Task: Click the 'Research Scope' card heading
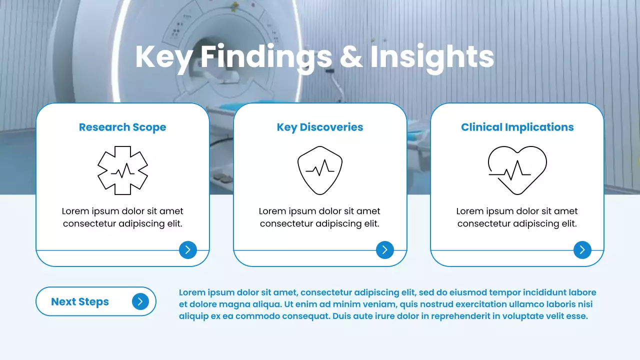pyautogui.click(x=122, y=127)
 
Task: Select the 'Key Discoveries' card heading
pyautogui.click(x=320, y=127)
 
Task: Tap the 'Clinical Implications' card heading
pyautogui.click(x=517, y=127)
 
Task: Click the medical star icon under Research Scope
pyautogui.click(x=122, y=170)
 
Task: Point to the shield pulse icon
pyautogui.click(x=320, y=170)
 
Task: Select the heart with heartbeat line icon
pyautogui.click(x=517, y=170)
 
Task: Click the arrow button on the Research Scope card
pyautogui.click(x=188, y=250)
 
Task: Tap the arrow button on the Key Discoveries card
pyautogui.click(x=385, y=250)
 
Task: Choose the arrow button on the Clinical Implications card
pyautogui.click(x=582, y=250)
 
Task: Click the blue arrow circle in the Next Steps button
pyautogui.click(x=140, y=301)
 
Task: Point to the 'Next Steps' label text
pyautogui.click(x=80, y=302)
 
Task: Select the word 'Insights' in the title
pyautogui.click(x=432, y=57)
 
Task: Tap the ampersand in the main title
pyautogui.click(x=351, y=57)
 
